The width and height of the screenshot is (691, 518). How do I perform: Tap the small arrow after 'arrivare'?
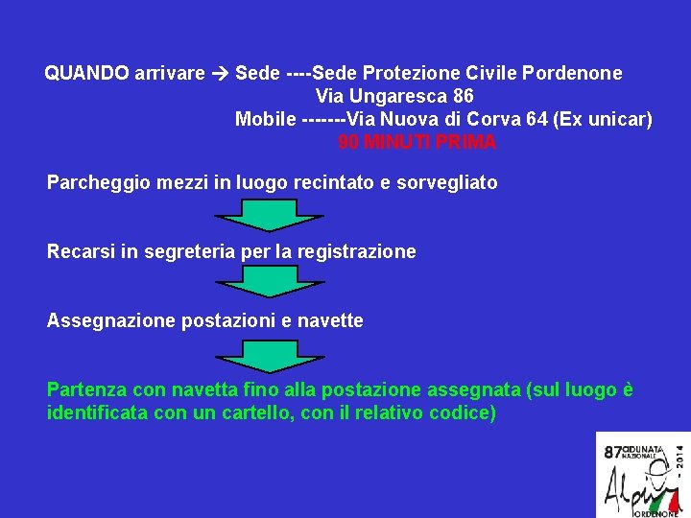(x=220, y=73)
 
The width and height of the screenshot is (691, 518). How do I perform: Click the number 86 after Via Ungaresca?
(x=463, y=97)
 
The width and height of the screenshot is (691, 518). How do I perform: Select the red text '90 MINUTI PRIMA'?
(x=417, y=143)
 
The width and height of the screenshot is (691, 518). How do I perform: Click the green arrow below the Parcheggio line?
(x=256, y=216)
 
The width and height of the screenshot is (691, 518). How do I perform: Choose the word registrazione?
(x=357, y=252)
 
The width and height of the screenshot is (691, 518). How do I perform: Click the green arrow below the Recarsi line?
(x=256, y=281)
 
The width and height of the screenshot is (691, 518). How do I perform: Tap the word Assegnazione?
(x=103, y=321)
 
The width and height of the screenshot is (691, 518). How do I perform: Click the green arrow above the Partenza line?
(x=256, y=356)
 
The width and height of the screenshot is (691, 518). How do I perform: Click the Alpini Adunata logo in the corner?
(x=642, y=474)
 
